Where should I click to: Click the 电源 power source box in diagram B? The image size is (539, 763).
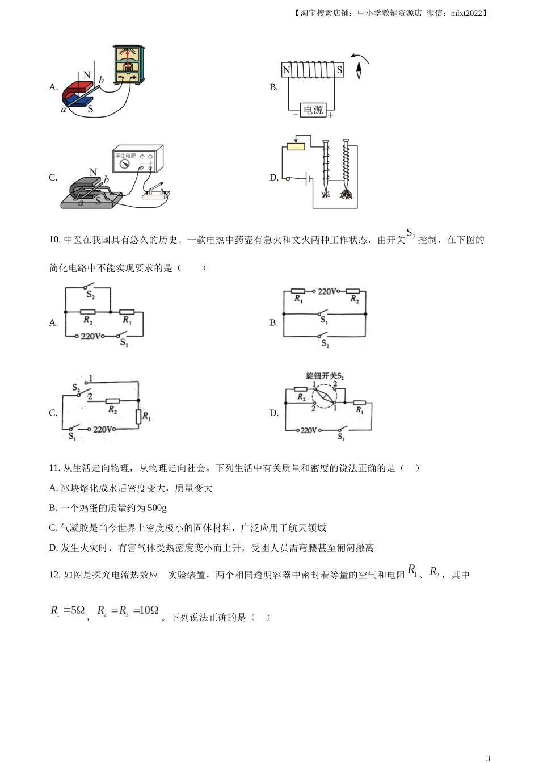point(313,110)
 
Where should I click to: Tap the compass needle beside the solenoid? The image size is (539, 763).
point(359,70)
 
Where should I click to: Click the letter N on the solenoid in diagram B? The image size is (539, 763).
point(287,70)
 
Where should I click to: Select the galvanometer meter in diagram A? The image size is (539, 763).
point(129,65)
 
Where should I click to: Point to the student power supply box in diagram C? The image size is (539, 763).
point(137,158)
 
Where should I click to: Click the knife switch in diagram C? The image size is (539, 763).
point(156,191)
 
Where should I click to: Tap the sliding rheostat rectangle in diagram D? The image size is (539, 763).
point(296,147)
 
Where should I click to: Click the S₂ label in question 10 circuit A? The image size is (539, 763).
point(90,295)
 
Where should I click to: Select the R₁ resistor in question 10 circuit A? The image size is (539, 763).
point(127,312)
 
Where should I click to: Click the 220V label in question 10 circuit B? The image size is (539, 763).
point(326,291)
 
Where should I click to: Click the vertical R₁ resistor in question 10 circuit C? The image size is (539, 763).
point(138,417)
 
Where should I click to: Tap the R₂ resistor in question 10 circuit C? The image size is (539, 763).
point(112,401)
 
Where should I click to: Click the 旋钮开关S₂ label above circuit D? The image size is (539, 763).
point(325,376)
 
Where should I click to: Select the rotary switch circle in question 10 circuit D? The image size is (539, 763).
point(324,396)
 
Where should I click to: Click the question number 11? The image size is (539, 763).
point(54,468)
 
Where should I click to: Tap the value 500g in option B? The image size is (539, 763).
point(157,508)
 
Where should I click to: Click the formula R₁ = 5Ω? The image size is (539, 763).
point(68,610)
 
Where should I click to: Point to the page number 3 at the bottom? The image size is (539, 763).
point(488,758)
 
